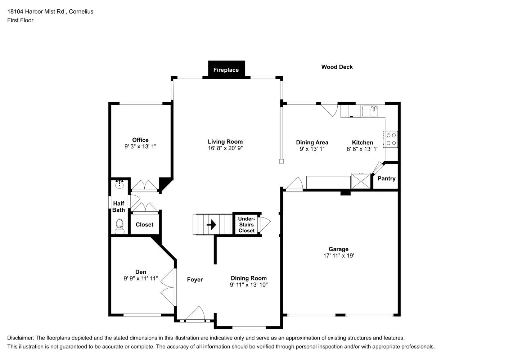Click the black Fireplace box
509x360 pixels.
tap(226, 69)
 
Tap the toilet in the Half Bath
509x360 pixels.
tap(120, 226)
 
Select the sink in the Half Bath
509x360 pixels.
tap(120, 184)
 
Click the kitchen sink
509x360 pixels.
tap(370, 111)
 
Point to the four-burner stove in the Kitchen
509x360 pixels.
tap(391, 139)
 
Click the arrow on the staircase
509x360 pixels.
tap(211, 225)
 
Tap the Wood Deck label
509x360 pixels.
tap(337, 67)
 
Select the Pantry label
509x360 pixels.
tap(387, 179)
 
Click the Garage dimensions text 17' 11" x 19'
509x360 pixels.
tap(339, 256)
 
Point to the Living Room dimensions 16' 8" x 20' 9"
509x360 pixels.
tap(225, 148)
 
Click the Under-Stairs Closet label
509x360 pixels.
tap(247, 225)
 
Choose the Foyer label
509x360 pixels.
tap(195, 280)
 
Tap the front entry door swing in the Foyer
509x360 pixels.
tap(195, 313)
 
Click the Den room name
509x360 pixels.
tap(141, 272)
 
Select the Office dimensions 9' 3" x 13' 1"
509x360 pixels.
tap(140, 147)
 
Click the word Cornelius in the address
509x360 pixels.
tap(81, 12)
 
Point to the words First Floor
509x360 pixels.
tap(21, 20)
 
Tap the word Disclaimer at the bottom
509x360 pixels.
tap(21, 338)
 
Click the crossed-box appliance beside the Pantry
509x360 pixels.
tap(361, 181)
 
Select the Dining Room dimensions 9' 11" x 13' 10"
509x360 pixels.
tap(249, 285)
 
